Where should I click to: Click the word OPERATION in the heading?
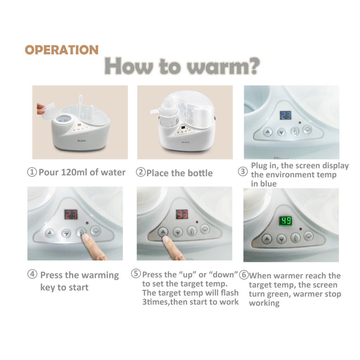click(x=62, y=50)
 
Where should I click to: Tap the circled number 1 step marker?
click(x=32, y=172)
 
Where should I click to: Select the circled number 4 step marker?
click(x=32, y=274)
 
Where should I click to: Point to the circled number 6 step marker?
click(x=244, y=275)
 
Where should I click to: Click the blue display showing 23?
click(x=285, y=115)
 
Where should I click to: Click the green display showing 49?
click(x=285, y=221)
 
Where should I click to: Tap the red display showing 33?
click(x=182, y=214)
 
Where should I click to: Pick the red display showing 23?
click(x=71, y=214)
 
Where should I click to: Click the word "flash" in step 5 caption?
click(x=229, y=293)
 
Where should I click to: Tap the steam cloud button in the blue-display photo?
click(x=307, y=130)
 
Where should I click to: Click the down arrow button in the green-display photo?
click(x=282, y=239)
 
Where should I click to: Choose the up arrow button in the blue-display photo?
click(x=267, y=132)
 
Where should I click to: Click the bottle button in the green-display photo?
click(x=295, y=238)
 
